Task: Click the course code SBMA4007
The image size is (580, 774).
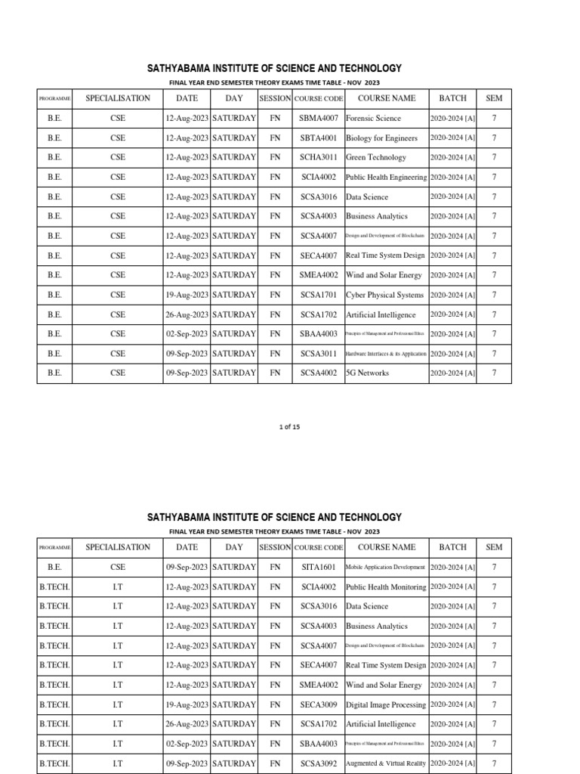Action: pos(318,119)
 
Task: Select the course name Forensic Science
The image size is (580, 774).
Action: pos(374,119)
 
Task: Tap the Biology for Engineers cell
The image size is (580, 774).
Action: pos(381,138)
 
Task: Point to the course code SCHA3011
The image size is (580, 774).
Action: pos(318,158)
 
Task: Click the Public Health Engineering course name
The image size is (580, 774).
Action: pos(386,178)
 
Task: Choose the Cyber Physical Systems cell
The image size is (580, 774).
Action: pos(384,296)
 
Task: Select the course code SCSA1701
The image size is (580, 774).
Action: pos(318,296)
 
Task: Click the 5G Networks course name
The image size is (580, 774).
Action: pos(368,373)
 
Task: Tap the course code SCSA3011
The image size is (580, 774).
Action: pos(318,354)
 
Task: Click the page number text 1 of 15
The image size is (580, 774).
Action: pos(289,427)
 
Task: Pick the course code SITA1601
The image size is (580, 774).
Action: pos(318,567)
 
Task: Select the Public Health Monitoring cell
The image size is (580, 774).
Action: pos(386,587)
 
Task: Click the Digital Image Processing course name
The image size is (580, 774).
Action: pos(386,704)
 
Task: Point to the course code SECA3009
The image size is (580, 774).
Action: pos(318,704)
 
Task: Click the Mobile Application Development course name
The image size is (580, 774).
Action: pos(386,567)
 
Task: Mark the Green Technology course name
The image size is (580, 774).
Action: pos(376,158)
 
